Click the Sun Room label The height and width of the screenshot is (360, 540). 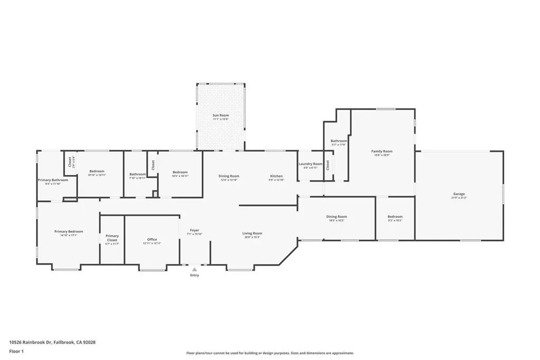pos(220,115)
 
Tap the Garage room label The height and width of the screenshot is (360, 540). pos(459,194)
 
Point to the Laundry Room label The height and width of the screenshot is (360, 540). pos(311,164)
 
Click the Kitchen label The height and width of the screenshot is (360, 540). pos(276,176)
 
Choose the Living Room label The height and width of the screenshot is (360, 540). pos(252,233)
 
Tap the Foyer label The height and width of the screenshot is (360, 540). pos(195,230)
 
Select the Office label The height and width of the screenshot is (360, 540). pos(152,240)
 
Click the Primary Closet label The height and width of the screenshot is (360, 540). pos(112,238)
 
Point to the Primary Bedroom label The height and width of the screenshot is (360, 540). pos(69,231)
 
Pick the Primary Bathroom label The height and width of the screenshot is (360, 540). pos(53,180)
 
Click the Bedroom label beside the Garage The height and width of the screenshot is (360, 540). pos(395,217)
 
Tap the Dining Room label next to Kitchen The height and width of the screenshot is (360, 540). pos(229,176)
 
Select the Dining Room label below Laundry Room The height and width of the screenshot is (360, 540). pos(336,217)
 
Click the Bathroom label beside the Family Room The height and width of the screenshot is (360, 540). pos(339,141)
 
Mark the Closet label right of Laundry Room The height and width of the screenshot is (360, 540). pos(327,165)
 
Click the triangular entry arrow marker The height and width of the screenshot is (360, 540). pos(195,269)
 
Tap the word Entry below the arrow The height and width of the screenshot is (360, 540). pos(195,275)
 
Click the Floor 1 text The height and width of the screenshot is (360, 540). pos(16,351)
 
